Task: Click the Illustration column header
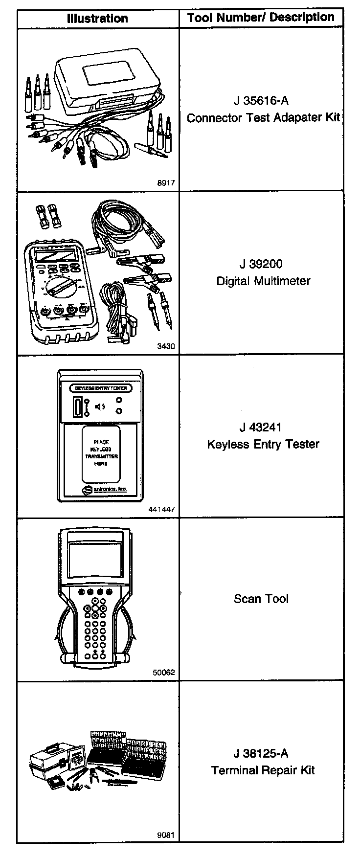97,19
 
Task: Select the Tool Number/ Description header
261,18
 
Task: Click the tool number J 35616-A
261,101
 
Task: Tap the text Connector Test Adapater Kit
263,118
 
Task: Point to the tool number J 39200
261,264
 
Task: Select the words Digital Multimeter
263,281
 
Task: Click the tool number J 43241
261,427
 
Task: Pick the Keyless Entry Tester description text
263,444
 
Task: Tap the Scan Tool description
261,599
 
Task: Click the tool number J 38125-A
261,753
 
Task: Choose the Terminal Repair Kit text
263,770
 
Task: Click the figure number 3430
166,346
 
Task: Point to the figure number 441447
161,509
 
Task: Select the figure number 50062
163,673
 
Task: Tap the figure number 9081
166,835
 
